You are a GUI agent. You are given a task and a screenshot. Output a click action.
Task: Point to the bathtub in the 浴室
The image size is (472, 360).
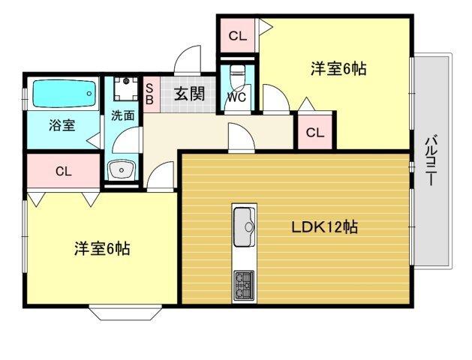point(64,94)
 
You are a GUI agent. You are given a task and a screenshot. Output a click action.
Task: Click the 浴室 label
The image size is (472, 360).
point(62,125)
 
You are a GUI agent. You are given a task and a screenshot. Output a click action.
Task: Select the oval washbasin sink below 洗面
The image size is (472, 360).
point(120,171)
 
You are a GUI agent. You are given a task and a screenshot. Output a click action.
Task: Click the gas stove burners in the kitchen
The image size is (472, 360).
point(245,283)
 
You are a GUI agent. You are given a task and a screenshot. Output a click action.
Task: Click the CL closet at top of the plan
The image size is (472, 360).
point(237,35)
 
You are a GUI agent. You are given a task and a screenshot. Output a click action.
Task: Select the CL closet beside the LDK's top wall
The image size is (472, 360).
point(314,133)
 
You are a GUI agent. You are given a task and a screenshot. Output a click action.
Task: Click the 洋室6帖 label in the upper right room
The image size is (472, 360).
point(338,69)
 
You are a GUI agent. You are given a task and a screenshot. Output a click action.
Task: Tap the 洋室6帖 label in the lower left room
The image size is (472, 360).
point(102,248)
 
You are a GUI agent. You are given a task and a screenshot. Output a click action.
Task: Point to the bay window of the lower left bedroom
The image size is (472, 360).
point(123,311)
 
